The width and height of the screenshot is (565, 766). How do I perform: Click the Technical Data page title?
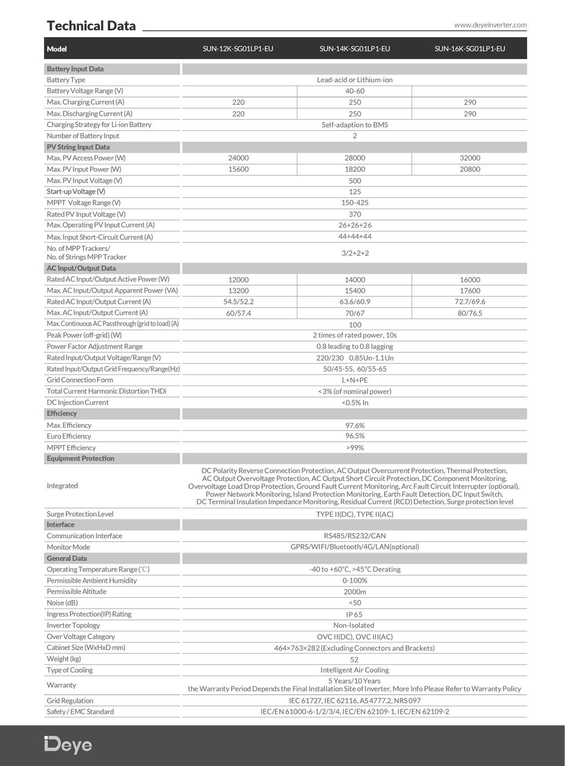91,26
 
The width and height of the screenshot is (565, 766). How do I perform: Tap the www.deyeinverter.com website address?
490,25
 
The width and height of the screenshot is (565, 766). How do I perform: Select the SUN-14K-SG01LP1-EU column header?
355,49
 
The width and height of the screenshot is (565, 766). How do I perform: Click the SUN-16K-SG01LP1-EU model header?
470,49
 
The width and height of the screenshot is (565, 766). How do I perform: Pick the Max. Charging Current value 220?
238,103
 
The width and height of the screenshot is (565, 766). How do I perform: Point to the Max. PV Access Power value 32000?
470,158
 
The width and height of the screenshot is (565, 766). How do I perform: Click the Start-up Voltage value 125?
355,192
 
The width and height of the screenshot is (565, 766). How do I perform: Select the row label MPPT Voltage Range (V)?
84,203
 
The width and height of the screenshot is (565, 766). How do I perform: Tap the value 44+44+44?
355,237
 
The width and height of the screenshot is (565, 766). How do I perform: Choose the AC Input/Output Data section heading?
81,269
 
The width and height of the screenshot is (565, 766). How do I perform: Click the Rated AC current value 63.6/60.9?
355,302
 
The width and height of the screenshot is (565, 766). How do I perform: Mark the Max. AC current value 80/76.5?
470,313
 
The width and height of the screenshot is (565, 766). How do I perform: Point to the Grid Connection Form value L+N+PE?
355,381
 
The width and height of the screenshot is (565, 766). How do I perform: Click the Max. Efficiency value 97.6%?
355,426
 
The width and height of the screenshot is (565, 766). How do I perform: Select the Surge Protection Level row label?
80,514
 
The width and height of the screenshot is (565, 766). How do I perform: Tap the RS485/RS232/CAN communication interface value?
355,536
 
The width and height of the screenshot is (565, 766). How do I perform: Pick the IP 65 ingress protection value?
354,615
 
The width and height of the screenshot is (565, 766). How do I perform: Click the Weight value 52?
354,660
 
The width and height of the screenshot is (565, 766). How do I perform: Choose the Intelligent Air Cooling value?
355,671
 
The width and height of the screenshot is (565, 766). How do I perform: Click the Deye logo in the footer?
68,745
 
